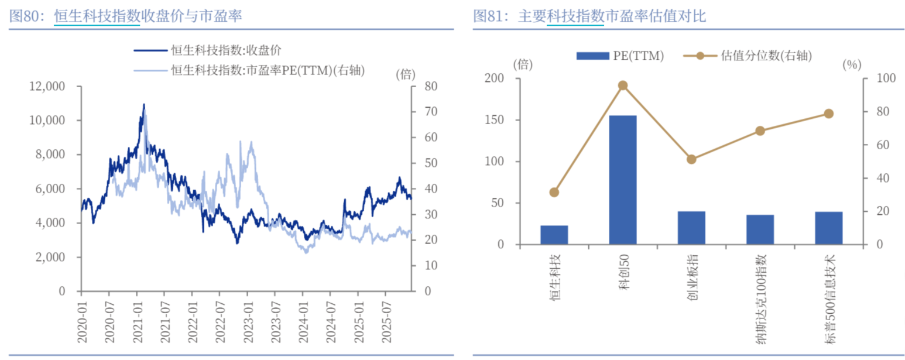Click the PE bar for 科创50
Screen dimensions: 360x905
(622, 180)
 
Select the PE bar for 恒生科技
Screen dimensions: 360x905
(554, 235)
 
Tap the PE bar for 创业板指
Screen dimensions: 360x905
(691, 228)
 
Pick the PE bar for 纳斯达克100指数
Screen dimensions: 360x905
(760, 229)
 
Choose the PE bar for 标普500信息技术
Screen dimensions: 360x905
(828, 228)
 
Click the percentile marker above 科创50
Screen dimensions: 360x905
(623, 85)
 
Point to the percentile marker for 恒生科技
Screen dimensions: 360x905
(554, 193)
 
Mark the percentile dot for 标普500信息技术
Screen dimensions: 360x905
(828, 114)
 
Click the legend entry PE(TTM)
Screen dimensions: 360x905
(621, 56)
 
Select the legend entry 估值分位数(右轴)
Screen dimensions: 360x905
(749, 56)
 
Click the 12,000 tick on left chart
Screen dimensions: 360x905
(48, 87)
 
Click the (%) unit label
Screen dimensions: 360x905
(851, 65)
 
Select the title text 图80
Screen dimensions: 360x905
(24, 16)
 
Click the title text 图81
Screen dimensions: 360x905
(488, 16)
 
